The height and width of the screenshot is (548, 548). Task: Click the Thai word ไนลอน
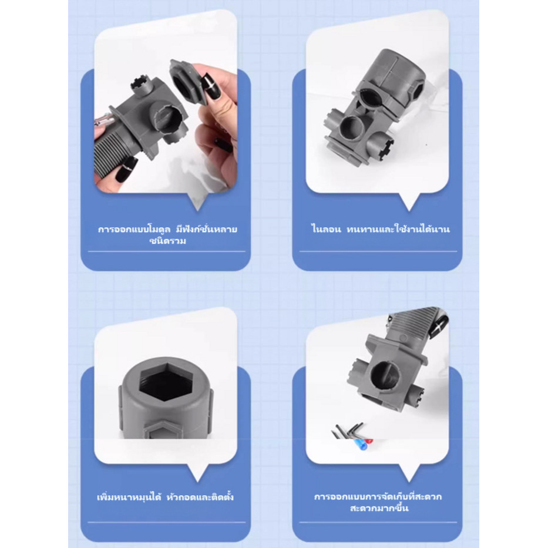tap(326, 229)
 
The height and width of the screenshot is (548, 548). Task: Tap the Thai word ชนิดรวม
tap(168, 241)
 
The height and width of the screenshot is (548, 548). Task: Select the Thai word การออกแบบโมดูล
tap(134, 229)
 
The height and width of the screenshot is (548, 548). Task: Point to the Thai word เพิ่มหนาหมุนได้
tap(129, 497)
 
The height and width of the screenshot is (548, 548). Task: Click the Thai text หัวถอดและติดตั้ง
tap(200, 497)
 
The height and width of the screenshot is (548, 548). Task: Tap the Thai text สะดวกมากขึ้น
tap(379, 508)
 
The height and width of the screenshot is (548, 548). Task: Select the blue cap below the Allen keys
tap(359, 444)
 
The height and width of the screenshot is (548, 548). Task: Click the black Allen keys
tap(347, 430)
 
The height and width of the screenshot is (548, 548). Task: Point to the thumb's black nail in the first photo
tap(211, 88)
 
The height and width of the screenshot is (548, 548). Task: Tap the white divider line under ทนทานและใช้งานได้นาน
tap(378, 251)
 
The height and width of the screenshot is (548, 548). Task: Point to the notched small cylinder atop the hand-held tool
tap(142, 85)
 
